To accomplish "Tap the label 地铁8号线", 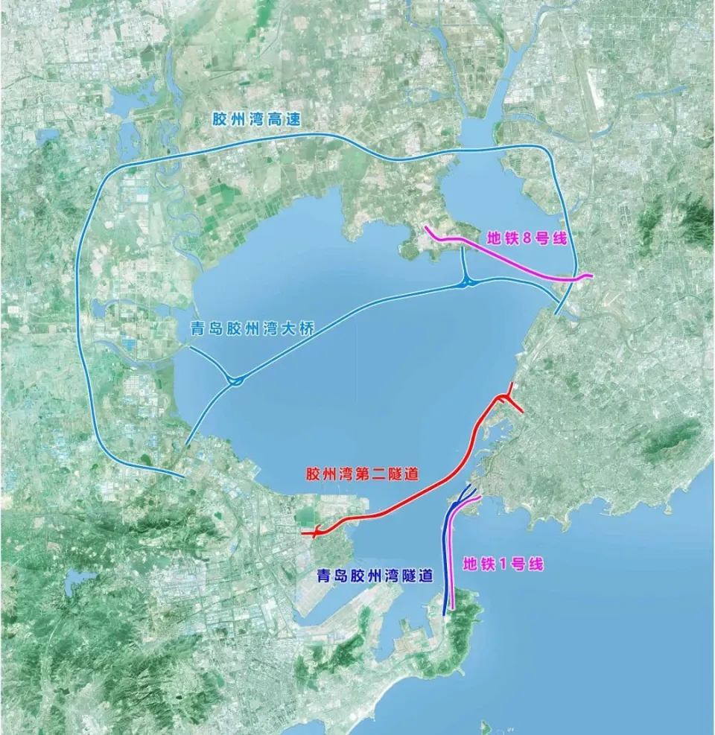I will pos(527,239).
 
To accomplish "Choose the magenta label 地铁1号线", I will pos(503,564).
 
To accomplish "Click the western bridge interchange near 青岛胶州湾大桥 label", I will pos(235,381).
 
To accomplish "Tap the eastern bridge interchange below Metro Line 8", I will pos(466,282).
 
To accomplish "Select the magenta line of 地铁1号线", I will pos(452,551).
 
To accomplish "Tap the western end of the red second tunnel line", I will pos(303,533).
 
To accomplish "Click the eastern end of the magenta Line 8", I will pos(592,276).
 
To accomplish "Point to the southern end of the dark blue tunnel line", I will pos(445,614).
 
